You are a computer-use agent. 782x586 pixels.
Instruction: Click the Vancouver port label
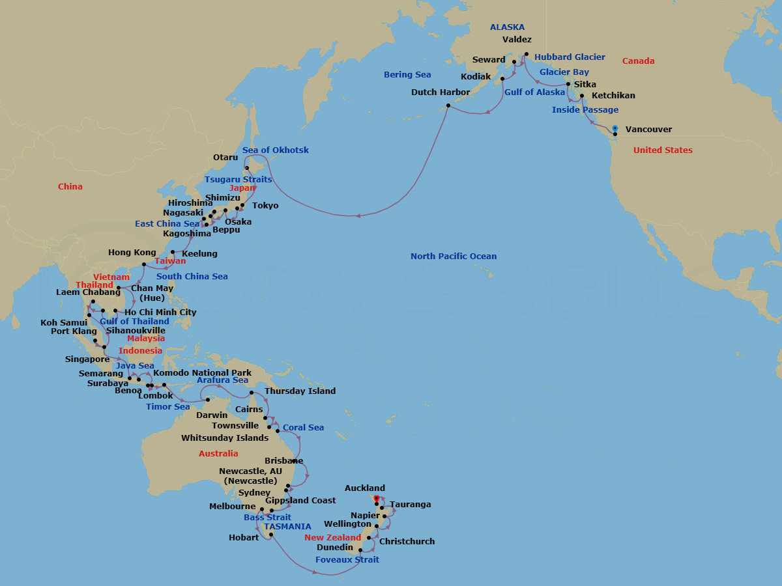tap(648, 130)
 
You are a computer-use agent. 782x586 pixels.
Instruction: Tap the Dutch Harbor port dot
tap(448, 105)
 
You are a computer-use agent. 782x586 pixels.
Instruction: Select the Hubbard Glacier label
tap(570, 57)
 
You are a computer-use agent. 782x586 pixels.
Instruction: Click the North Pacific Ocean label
tap(454, 257)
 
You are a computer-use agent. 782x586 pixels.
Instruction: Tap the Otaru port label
tap(225, 158)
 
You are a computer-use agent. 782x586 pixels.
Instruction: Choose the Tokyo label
tap(265, 206)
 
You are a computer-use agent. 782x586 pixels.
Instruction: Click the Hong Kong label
tap(132, 253)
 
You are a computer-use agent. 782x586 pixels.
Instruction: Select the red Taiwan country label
tap(170, 261)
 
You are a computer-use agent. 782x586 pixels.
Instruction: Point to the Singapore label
tap(87, 359)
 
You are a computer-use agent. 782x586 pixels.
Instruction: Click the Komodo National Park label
tap(203, 373)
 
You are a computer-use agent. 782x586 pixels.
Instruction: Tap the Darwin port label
tap(212, 415)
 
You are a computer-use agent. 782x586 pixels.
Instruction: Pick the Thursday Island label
tap(300, 391)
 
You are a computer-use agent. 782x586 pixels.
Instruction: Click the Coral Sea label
tap(303, 428)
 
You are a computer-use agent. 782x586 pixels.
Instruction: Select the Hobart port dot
tap(270, 535)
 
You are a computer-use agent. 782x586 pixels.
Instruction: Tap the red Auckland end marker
tap(376, 499)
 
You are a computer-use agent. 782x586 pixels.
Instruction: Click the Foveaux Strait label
tap(347, 560)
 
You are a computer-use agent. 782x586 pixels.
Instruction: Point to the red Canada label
tap(638, 61)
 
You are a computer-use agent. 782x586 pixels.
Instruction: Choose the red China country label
tap(70, 187)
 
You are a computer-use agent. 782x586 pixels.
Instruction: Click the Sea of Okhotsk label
tap(276, 150)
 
